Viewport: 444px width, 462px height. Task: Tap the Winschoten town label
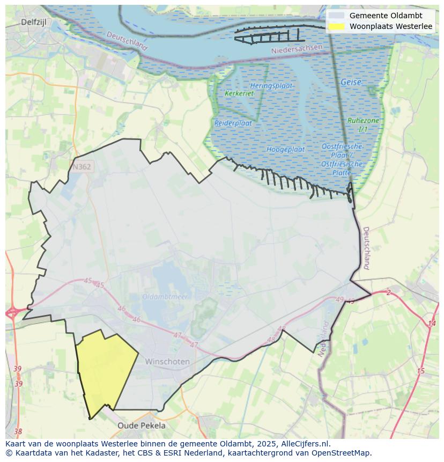(167, 362)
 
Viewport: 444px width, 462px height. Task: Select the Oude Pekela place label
(142, 426)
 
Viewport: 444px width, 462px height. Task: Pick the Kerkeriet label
(239, 93)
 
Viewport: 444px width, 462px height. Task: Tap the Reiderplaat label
(233, 123)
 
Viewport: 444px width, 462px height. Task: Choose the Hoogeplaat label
(285, 149)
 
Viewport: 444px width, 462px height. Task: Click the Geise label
(351, 82)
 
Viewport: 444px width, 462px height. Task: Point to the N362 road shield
(82, 167)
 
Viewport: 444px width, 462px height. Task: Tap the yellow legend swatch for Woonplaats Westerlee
(337, 26)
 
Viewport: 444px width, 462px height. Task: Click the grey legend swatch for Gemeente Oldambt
(337, 16)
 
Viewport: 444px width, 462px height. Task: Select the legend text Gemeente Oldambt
(386, 16)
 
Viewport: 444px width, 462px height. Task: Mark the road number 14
(432, 324)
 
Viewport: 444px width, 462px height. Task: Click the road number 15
(420, 371)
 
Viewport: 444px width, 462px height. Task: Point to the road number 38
(18, 431)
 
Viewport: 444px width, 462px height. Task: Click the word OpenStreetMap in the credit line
(344, 453)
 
